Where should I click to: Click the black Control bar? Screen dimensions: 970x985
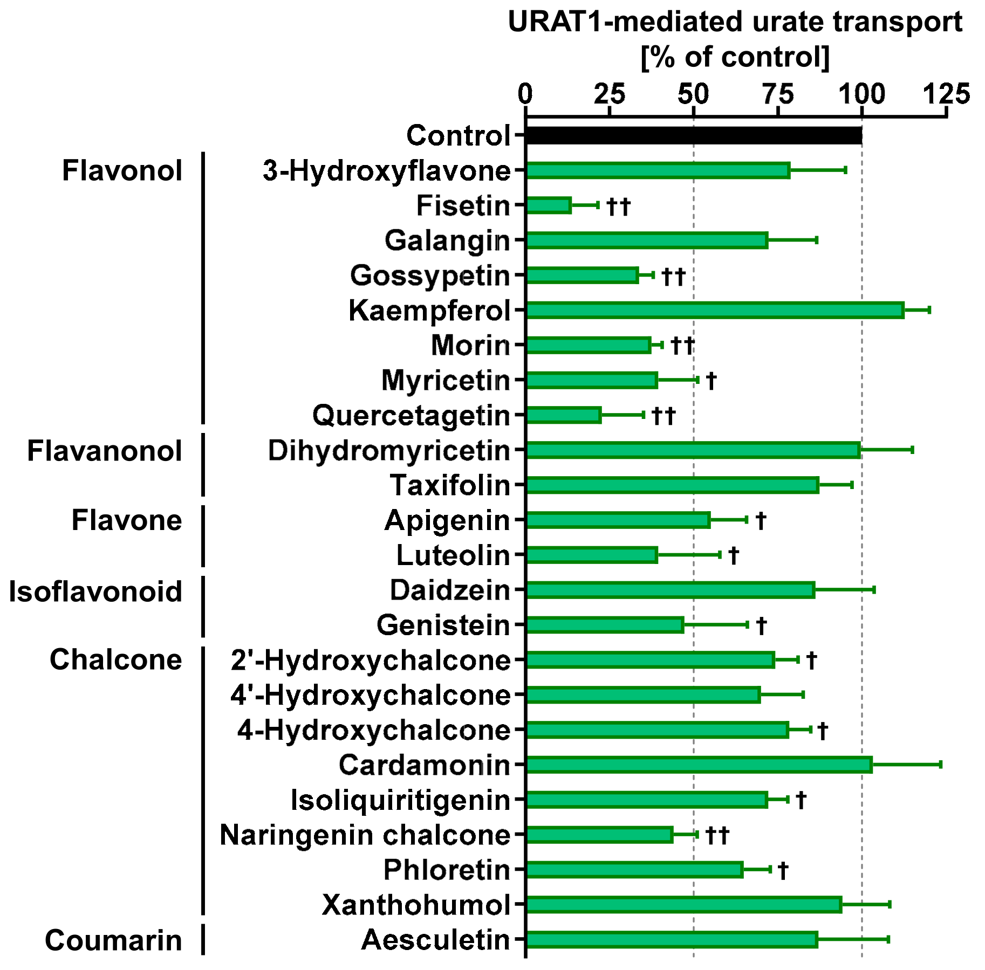click(693, 135)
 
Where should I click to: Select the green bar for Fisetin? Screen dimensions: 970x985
click(548, 205)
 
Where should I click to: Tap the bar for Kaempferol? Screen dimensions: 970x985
click(714, 310)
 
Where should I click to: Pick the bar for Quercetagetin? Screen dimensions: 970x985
click(563, 415)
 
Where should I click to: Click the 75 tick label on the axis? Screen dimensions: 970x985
click(778, 94)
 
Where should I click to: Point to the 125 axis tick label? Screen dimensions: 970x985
click(947, 94)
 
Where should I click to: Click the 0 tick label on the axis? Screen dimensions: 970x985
click(525, 94)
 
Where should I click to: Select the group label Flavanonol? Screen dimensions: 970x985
click(105, 451)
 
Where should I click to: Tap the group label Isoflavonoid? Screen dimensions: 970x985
click(95, 591)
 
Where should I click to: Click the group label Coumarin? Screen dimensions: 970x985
click(113, 940)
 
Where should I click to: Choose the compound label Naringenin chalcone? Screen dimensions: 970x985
click(365, 835)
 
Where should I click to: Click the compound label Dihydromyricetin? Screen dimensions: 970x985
click(389, 451)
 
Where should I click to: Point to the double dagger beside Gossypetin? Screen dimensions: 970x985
click(673, 277)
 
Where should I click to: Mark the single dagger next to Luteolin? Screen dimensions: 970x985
click(734, 555)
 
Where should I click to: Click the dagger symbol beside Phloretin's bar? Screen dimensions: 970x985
click(783, 870)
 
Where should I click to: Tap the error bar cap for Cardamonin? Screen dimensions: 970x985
click(940, 765)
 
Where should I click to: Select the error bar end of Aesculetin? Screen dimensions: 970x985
click(888, 939)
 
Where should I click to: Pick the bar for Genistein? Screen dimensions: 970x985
click(604, 625)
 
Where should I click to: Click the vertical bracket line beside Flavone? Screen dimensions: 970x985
click(203, 536)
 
